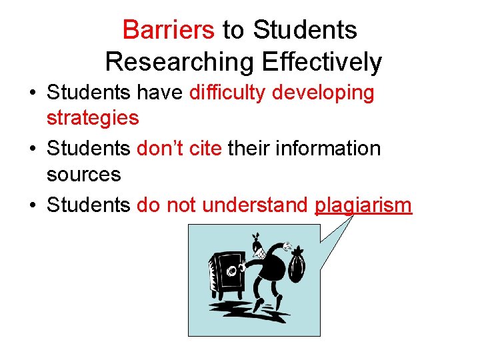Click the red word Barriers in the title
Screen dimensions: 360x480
pyautogui.click(x=169, y=30)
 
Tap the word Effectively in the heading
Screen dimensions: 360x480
pyautogui.click(x=322, y=61)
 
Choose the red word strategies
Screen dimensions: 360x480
pyautogui.click(x=93, y=118)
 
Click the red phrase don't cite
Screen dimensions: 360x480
pyautogui.click(x=179, y=148)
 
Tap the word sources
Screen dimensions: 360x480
pyautogui.click(x=83, y=174)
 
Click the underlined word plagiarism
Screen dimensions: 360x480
pyautogui.click(x=363, y=204)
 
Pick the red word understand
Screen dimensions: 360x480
pyautogui.click(x=258, y=204)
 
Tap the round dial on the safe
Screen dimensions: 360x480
pyautogui.click(x=233, y=271)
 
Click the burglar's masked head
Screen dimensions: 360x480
pyautogui.click(x=259, y=248)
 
